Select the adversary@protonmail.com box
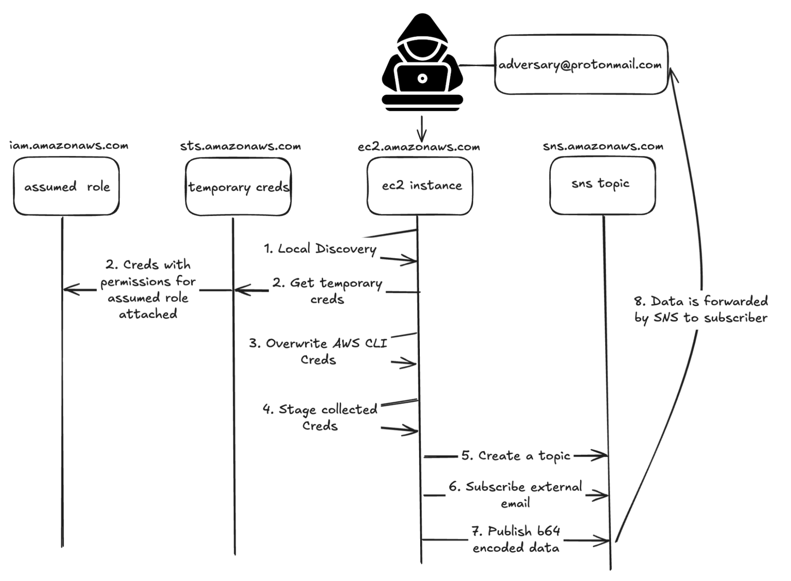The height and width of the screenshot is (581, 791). tap(580, 65)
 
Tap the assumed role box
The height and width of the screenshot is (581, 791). tap(66, 186)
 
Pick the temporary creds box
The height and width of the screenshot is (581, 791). tap(238, 187)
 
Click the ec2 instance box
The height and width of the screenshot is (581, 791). tap(420, 186)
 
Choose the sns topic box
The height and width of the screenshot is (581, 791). tap(602, 185)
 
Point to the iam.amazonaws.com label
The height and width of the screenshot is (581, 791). tap(69, 146)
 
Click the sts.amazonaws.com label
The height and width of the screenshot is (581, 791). tap(240, 146)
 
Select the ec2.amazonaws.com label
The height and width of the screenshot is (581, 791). tap(419, 147)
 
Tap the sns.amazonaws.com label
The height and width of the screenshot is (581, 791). tap(603, 146)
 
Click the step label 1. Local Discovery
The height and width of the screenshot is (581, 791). tap(320, 249)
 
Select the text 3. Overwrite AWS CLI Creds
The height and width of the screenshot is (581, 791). tap(318, 351)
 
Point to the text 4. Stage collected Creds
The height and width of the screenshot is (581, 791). tap(320, 417)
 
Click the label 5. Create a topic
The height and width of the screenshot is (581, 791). tap(516, 456)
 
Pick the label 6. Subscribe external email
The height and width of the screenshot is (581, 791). tap(515, 495)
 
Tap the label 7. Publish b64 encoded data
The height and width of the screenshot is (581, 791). tap(516, 539)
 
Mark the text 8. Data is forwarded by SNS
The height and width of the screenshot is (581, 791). tap(701, 309)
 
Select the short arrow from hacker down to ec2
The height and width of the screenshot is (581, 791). tap(422, 129)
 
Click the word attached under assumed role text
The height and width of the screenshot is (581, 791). tap(148, 314)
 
